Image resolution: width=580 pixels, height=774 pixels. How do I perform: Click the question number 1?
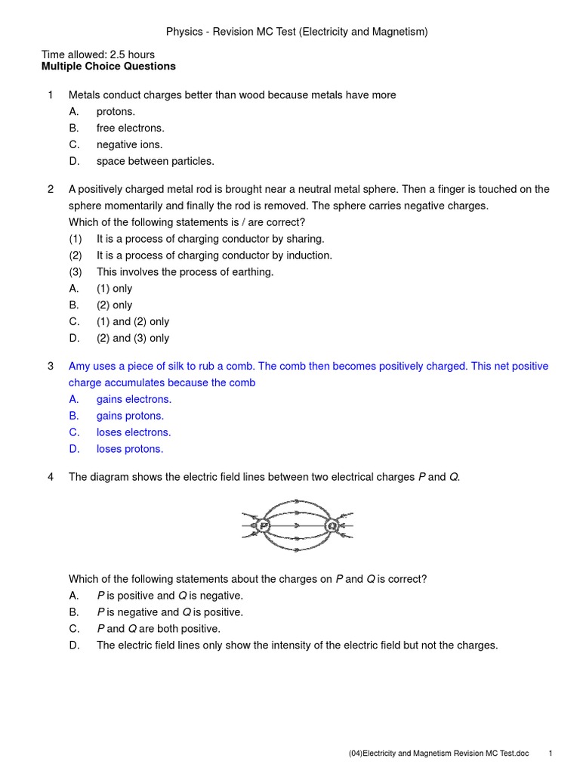[51, 95]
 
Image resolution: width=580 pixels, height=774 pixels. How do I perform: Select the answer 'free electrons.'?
[130, 128]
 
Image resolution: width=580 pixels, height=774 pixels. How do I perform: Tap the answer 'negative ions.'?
[129, 145]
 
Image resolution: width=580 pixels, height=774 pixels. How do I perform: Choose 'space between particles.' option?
[155, 161]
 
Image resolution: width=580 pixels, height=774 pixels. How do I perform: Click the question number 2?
[51, 190]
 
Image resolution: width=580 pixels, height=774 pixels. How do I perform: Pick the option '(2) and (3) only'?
[133, 339]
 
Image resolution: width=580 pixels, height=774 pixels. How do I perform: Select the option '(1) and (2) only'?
[133, 322]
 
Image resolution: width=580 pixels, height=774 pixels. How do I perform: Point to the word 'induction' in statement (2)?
[308, 255]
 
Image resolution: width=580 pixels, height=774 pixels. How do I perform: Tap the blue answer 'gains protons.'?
[130, 416]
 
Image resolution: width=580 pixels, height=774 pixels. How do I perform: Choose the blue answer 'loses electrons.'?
[134, 432]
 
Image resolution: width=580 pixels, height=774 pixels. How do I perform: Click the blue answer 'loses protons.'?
[130, 449]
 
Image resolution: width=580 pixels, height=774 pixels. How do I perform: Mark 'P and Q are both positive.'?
[159, 629]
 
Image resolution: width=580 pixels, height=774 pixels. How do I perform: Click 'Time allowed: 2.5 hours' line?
[98, 54]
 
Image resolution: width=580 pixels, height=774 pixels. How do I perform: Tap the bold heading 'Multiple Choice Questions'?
[108, 67]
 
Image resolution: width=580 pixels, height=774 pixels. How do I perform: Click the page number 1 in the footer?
[551, 754]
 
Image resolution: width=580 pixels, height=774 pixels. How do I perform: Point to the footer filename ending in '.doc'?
[439, 754]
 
